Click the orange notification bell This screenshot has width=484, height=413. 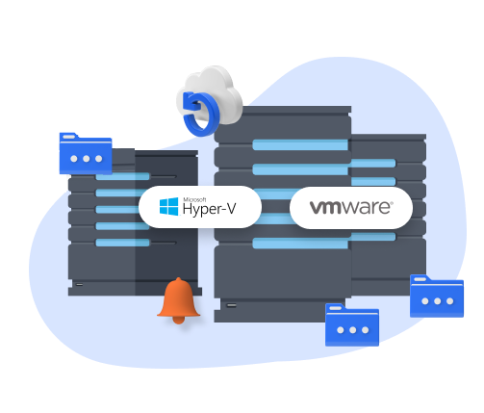coord(179,300)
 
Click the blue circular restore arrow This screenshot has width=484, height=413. coord(200,114)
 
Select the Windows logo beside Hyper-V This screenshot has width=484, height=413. coord(169,206)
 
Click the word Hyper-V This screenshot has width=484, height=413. coord(209,209)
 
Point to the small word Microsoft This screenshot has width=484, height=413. coord(194,199)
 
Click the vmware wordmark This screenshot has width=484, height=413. coord(351,207)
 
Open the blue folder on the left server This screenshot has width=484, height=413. coord(86,154)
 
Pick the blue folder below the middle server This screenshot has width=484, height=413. coord(352,324)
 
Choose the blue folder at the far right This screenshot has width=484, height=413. coord(437,297)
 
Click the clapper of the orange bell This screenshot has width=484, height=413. coord(179,320)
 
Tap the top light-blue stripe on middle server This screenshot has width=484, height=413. coord(300,144)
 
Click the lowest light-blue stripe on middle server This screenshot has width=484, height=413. coord(300,244)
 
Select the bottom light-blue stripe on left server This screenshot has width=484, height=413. coord(123,243)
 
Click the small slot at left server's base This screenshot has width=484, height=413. coord(79,284)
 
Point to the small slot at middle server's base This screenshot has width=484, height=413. coord(231,305)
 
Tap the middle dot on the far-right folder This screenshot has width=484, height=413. coord(438,301)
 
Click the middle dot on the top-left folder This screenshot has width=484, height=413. coord(87,159)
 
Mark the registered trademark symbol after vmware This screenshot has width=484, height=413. coord(392,203)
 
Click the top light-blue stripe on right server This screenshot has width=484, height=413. coord(372,163)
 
